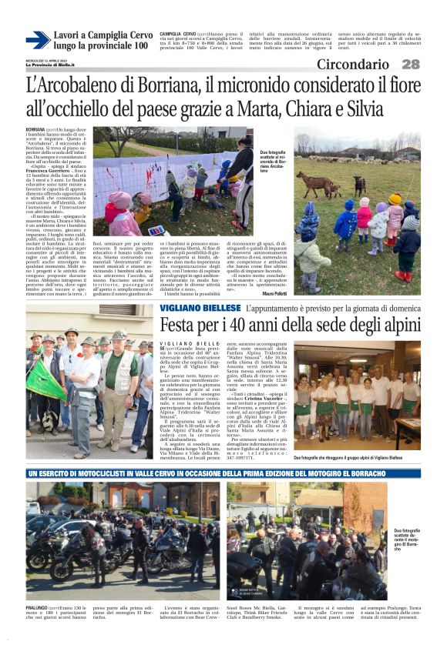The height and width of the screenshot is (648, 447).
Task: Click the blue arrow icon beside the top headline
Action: [x=38, y=40]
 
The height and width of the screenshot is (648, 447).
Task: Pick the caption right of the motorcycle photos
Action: [x=406, y=539]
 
